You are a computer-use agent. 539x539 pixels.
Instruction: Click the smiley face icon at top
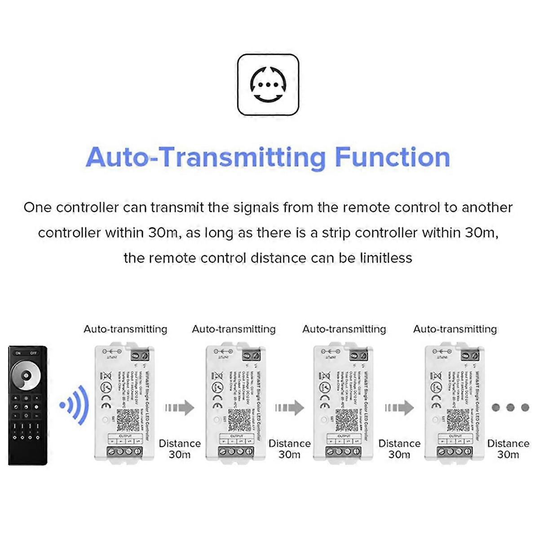[x=268, y=84]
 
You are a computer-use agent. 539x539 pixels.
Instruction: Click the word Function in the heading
[x=392, y=157]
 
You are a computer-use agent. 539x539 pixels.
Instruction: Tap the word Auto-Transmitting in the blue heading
[x=206, y=157]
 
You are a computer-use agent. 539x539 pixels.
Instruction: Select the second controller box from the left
[x=234, y=402]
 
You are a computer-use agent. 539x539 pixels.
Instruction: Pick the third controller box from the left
[x=343, y=402]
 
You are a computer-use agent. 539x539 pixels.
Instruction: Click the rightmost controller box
[x=454, y=402]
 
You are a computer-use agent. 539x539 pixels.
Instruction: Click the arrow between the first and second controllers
[x=179, y=408]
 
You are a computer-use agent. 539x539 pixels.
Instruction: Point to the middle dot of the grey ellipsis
[x=510, y=407]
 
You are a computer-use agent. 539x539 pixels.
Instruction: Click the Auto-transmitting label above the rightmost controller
[x=455, y=329]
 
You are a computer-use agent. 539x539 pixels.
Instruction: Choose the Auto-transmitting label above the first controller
[x=125, y=329]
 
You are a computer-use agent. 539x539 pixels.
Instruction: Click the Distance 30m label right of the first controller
[x=180, y=449]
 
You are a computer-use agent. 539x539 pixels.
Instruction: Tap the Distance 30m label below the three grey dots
[x=508, y=449]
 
